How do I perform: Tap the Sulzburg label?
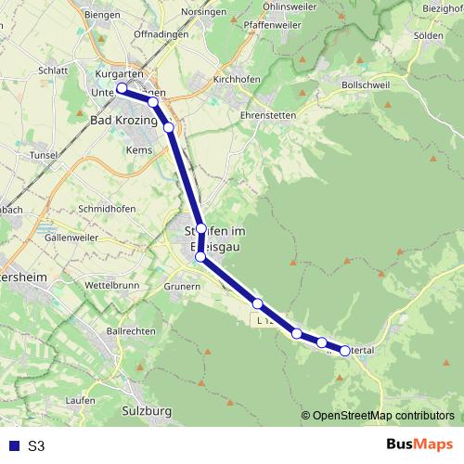(148, 409)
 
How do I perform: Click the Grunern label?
(181, 287)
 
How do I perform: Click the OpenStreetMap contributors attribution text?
(383, 415)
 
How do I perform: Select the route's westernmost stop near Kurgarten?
(122, 89)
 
